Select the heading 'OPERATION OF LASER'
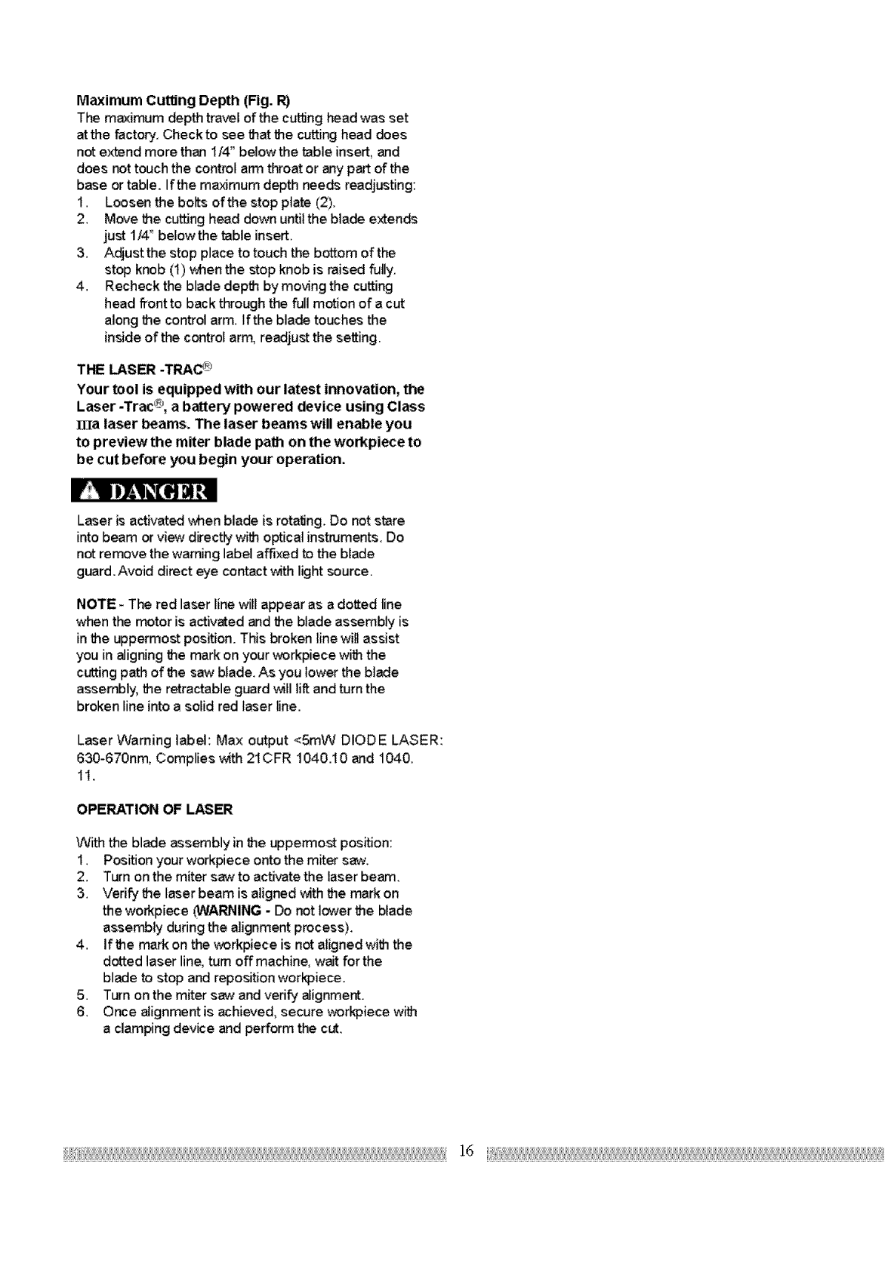tap(155, 810)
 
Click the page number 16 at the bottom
tap(466, 1151)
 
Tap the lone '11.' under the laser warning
tap(85, 775)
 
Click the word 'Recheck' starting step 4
tap(129, 287)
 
